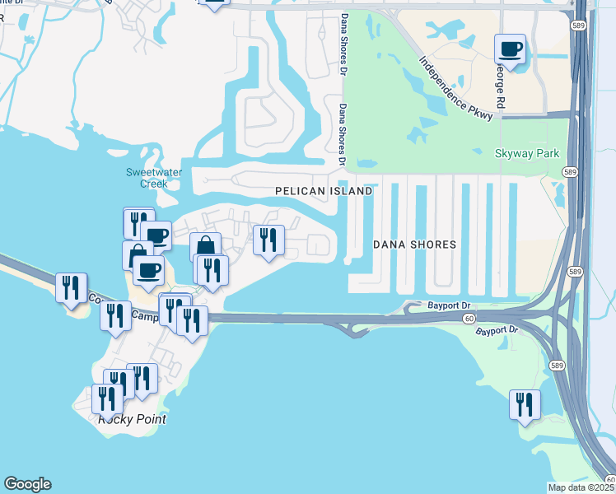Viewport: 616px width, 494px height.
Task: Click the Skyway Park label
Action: tap(526, 153)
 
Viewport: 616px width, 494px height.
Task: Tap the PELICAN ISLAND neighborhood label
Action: tap(324, 191)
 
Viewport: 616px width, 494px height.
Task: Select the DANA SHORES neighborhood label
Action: tap(414, 245)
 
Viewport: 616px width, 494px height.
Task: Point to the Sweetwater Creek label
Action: tap(147, 178)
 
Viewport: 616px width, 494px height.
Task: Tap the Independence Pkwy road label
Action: tap(455, 88)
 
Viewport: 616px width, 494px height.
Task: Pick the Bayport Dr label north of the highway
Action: tap(450, 305)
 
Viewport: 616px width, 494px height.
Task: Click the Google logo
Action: tap(27, 484)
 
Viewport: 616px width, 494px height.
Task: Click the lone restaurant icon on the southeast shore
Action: tap(525, 404)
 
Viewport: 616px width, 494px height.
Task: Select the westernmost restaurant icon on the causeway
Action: tap(71, 287)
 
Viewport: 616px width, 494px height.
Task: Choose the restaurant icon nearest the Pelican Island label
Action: tap(268, 240)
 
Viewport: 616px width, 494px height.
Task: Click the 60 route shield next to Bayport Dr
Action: tap(468, 317)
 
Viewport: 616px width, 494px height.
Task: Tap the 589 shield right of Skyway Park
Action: tap(569, 170)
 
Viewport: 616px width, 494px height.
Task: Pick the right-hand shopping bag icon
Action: tap(205, 246)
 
